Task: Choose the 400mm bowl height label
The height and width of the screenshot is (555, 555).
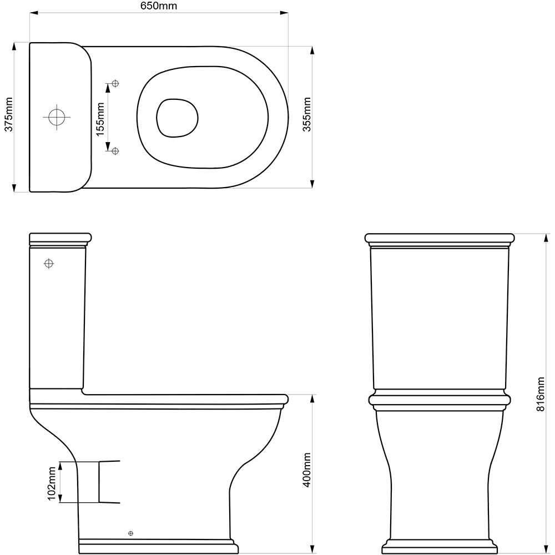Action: (307, 470)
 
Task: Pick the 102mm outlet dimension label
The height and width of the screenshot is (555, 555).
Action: (52, 482)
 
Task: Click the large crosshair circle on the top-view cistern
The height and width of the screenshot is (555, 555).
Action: (57, 117)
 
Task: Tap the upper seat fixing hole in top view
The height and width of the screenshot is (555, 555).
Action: (115, 83)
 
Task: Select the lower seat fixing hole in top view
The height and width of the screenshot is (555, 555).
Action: (115, 150)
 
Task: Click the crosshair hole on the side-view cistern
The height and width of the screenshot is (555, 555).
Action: (49, 263)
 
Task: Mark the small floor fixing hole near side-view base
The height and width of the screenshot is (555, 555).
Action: (131, 533)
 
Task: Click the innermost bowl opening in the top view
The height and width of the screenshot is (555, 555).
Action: (178, 118)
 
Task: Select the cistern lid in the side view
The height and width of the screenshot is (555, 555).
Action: (59, 239)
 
